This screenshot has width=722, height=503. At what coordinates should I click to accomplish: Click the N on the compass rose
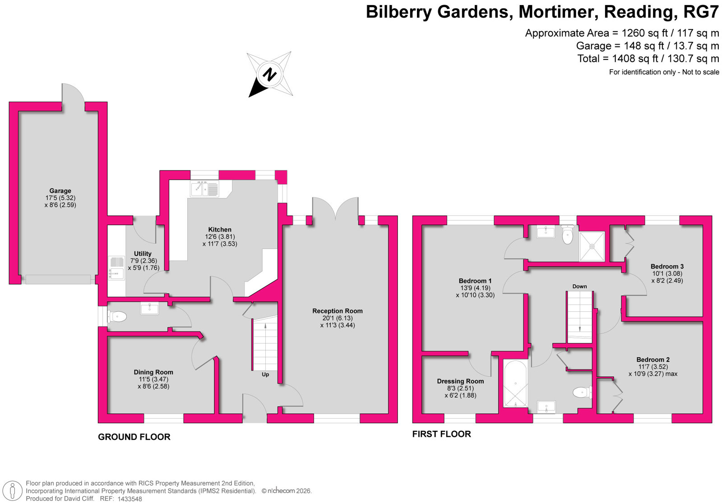coord(270,74)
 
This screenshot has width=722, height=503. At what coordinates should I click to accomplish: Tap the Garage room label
coord(60,191)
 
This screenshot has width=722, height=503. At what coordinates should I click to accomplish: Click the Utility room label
coord(143,254)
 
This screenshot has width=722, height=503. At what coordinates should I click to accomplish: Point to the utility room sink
coord(116,268)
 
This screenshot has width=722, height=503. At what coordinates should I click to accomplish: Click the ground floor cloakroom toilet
coord(116,317)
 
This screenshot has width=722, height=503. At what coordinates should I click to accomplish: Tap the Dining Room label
coord(153,372)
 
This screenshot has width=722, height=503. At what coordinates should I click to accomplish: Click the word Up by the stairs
coord(265,374)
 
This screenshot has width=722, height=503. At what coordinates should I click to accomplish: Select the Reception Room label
coord(338,311)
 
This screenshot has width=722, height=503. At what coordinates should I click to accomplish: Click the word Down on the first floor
coord(579,286)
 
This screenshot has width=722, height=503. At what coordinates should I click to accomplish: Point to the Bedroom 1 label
coord(475,281)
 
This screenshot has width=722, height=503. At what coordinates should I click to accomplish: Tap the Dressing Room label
coord(460,381)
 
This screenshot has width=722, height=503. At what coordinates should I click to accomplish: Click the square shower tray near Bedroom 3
coord(592,246)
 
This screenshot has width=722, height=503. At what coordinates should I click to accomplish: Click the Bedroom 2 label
coord(653,360)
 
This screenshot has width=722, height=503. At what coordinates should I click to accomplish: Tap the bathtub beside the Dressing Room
coord(515,383)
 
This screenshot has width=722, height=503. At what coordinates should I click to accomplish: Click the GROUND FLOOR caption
coord(134,437)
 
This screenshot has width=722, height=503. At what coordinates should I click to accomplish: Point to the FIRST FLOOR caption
coord(441,434)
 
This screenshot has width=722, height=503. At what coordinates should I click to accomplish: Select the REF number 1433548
coord(130,499)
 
